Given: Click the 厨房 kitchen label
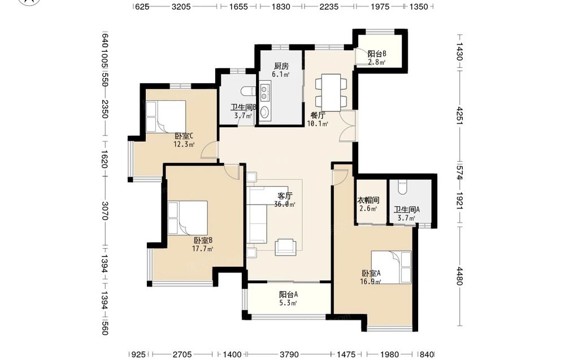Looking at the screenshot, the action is tap(281, 66).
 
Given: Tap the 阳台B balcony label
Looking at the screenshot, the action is tap(377, 54).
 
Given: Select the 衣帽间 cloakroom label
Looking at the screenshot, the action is tap(368, 201).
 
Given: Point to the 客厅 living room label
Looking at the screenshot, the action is tap(285, 196).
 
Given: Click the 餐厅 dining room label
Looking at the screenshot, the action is tap(318, 116).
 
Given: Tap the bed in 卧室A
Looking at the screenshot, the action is tap(392, 267).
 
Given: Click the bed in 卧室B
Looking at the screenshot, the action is tap(188, 218).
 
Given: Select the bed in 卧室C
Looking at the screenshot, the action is tap(166, 116).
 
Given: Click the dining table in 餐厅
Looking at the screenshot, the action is tap(331, 93).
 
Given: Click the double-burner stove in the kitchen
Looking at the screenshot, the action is tap(266, 92).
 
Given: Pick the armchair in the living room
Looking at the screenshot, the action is tap(286, 248).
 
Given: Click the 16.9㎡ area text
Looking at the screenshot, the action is tap(371, 281).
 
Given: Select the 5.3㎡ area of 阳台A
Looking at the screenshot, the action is tap(288, 303).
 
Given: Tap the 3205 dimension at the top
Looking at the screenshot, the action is tap(181, 6).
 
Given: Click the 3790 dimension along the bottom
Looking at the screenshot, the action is tap(289, 354).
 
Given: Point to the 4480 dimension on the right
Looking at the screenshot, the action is tap(459, 276).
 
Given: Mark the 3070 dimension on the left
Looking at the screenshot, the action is tap(105, 211).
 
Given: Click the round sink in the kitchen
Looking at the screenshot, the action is tap(265, 112).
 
